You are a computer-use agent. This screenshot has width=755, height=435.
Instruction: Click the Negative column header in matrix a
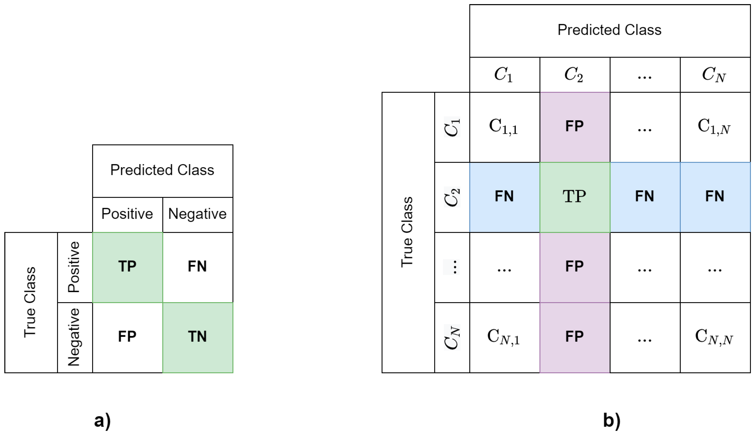click(198, 214)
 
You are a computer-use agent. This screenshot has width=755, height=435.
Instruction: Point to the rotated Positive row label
click(74, 267)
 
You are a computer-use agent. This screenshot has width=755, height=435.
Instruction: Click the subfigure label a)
click(103, 420)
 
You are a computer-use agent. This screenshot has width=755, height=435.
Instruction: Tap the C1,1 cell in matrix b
click(504, 127)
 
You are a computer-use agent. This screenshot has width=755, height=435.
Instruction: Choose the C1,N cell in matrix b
click(715, 127)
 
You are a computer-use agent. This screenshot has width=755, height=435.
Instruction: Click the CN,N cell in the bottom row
click(715, 337)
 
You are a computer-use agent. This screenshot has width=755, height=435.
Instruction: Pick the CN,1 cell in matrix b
click(504, 337)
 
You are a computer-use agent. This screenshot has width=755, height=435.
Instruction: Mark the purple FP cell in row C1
click(574, 127)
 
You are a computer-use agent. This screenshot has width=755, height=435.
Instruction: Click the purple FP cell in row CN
click(574, 337)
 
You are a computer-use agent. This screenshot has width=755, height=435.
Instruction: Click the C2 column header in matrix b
click(574, 74)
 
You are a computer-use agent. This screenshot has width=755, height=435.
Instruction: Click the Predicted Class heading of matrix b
click(609, 30)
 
